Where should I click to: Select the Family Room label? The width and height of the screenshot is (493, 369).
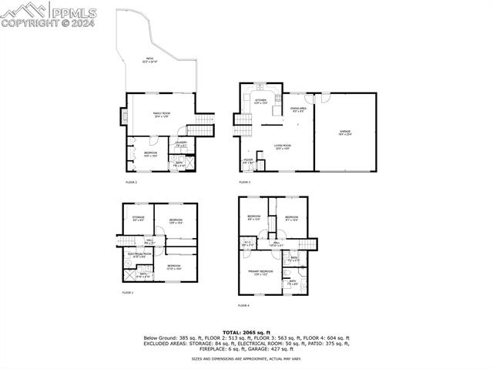(x=161, y=115)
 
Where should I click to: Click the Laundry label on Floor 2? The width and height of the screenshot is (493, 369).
(x=181, y=144)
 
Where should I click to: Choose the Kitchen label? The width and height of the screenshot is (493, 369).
(x=260, y=101)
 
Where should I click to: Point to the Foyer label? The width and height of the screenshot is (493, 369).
(x=248, y=163)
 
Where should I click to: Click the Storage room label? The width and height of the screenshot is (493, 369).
(x=139, y=219)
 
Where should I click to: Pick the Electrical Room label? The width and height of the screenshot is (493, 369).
(x=139, y=255)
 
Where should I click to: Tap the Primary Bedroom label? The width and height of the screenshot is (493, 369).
(x=260, y=273)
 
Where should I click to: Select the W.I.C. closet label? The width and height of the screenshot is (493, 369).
(x=248, y=244)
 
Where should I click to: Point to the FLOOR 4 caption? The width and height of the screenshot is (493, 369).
(x=243, y=306)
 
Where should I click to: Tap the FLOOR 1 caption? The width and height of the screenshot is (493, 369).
(x=128, y=293)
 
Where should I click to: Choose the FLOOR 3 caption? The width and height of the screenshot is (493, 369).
(x=244, y=183)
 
